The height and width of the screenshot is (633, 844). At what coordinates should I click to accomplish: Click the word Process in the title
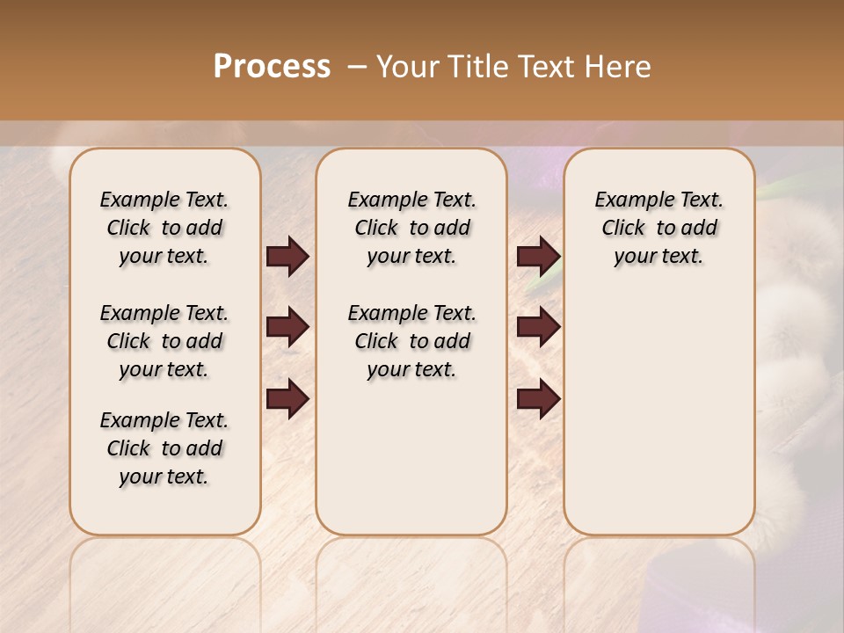pos(272,67)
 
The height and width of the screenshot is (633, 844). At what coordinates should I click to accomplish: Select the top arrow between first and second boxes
pos(287,257)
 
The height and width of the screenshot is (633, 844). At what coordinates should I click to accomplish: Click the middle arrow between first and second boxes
pos(287,327)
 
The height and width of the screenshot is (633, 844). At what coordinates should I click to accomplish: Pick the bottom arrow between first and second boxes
pos(287,399)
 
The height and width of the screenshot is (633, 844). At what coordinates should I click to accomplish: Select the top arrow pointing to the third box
pos(538,257)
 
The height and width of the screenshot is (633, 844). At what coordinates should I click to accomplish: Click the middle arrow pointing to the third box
pos(538,327)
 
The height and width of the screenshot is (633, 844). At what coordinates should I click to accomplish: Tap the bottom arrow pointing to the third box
pos(538,399)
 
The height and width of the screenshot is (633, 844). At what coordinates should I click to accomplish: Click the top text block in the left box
pos(164,228)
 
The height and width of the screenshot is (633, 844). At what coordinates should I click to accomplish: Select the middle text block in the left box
pos(164,341)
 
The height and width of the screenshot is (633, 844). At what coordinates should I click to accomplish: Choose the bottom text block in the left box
pos(164,448)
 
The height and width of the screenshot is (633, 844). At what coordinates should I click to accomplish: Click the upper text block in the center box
pos(411,228)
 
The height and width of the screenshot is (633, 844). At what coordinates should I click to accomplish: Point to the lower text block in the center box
pos(411,341)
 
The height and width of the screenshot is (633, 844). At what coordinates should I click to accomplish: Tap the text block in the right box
pos(658,228)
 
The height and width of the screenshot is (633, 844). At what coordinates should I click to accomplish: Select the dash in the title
pos(357,67)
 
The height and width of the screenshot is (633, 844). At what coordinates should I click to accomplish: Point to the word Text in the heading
pos(549,67)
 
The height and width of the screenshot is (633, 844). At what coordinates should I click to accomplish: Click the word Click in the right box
pos(623,229)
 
